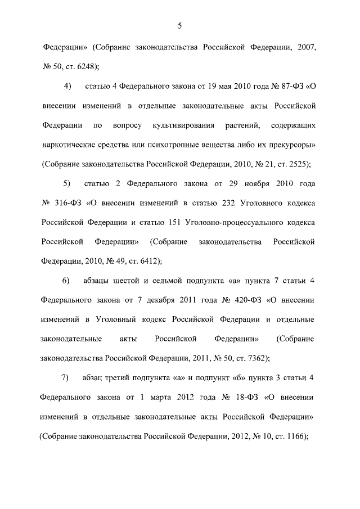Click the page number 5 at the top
179,25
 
